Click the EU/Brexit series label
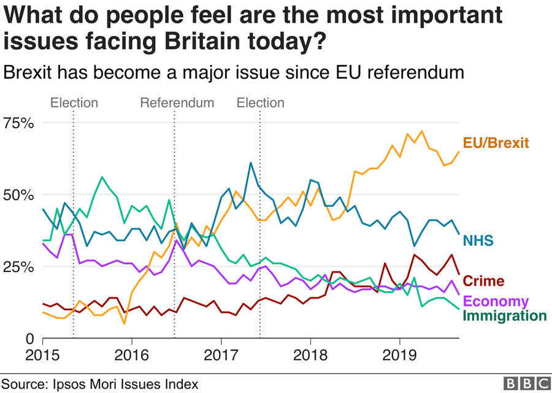[x=495, y=143]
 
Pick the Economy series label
[x=496, y=302]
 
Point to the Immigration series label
[x=504, y=316]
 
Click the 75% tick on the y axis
[x=19, y=123]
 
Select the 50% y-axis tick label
[x=19, y=195]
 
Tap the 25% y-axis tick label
[x=19, y=267]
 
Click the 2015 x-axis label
[x=42, y=356]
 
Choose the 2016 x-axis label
[x=132, y=356]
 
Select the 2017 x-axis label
[x=221, y=356]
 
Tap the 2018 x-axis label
[x=310, y=356]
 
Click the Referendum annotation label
[x=177, y=103]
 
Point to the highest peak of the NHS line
[x=251, y=163]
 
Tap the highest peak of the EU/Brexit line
[x=421, y=131]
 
